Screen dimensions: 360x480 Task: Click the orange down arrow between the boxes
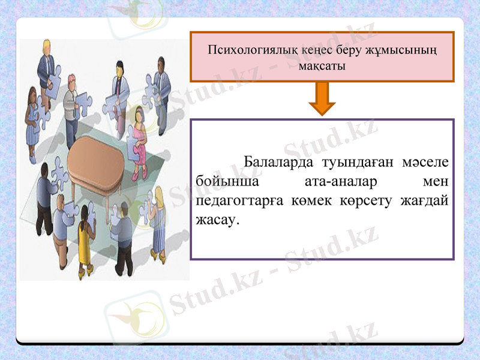[322, 98]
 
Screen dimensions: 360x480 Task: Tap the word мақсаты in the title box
[322, 65]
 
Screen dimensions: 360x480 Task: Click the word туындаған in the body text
[350, 163]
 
